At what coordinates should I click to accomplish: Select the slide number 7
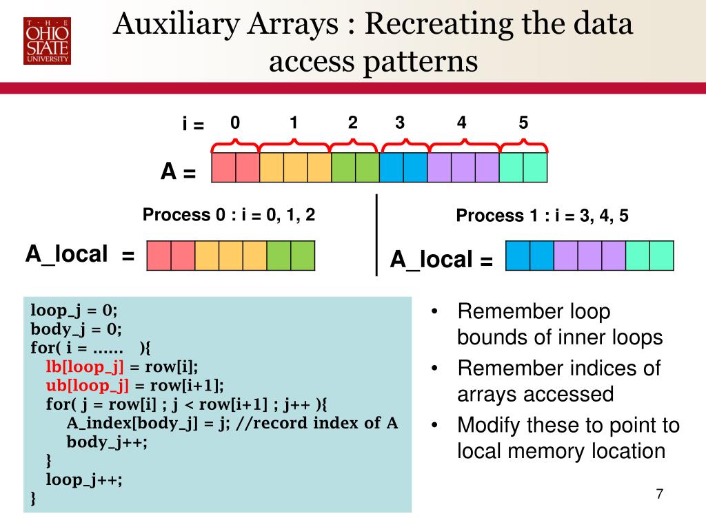pyautogui.click(x=660, y=495)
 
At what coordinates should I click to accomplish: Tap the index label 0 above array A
pyautogui.click(x=235, y=123)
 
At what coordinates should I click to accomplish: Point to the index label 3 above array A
pyautogui.click(x=400, y=123)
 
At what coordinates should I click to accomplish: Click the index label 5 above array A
pyautogui.click(x=523, y=123)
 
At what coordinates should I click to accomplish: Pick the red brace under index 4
pyautogui.click(x=463, y=145)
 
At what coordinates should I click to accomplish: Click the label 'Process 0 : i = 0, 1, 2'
pyautogui.click(x=229, y=215)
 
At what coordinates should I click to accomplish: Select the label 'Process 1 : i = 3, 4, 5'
pyautogui.click(x=542, y=216)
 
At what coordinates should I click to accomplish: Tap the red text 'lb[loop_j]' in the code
pyautogui.click(x=85, y=366)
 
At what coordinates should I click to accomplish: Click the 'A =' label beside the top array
pyautogui.click(x=179, y=172)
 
